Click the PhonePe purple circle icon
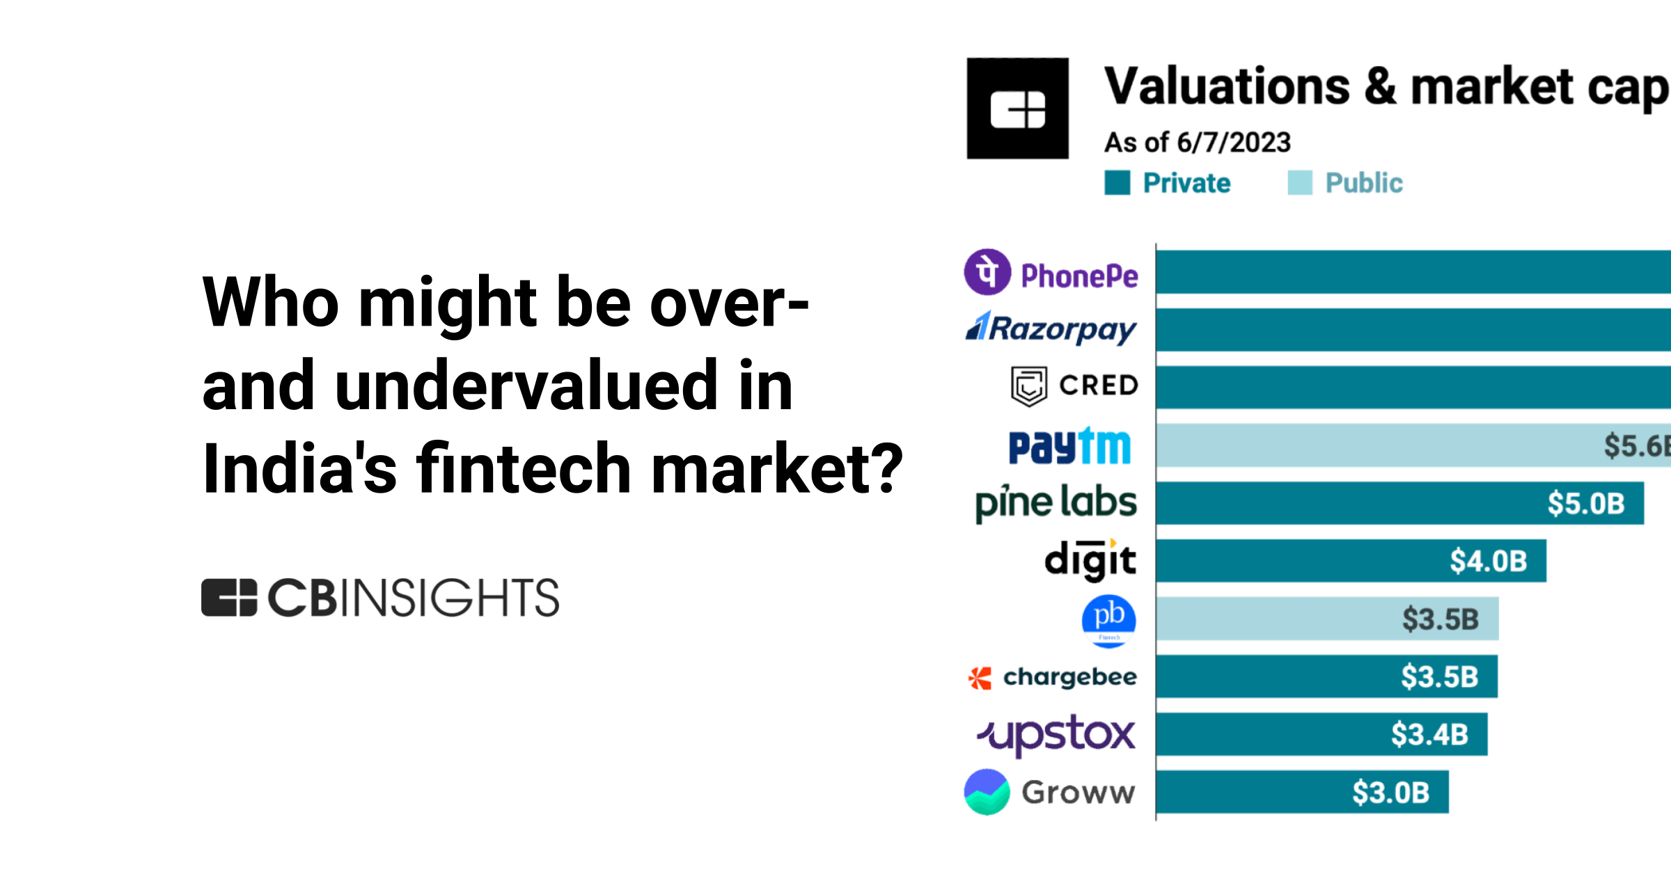click(987, 272)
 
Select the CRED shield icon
click(1028, 386)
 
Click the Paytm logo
click(1069, 446)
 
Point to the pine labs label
click(1056, 502)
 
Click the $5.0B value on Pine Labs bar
click(1585, 503)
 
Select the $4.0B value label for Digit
click(1488, 561)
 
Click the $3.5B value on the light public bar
click(1440, 619)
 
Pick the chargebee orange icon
click(980, 678)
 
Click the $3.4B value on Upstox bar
click(1429, 734)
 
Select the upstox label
click(1056, 734)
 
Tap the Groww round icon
click(987, 792)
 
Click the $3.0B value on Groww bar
click(1390, 792)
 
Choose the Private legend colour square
click(1117, 183)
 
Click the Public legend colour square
click(1299, 183)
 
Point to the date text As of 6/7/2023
click(1197, 143)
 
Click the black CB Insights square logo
click(1017, 109)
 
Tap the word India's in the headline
click(299, 469)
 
